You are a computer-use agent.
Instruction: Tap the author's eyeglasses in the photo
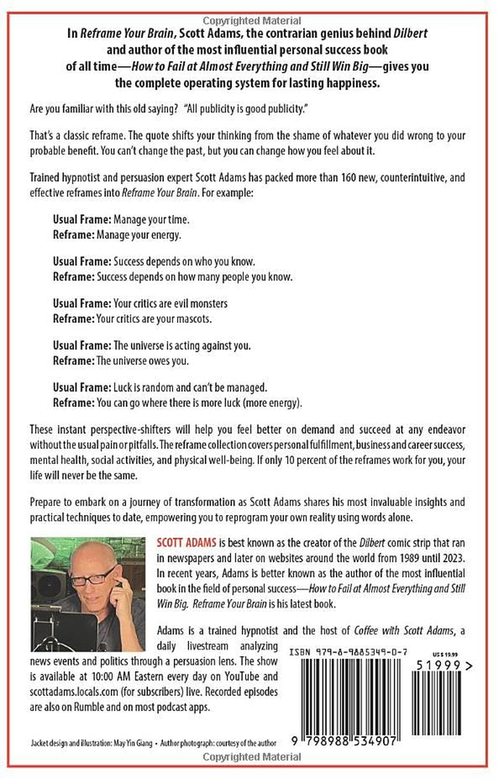pyautogui.click(x=95, y=577)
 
